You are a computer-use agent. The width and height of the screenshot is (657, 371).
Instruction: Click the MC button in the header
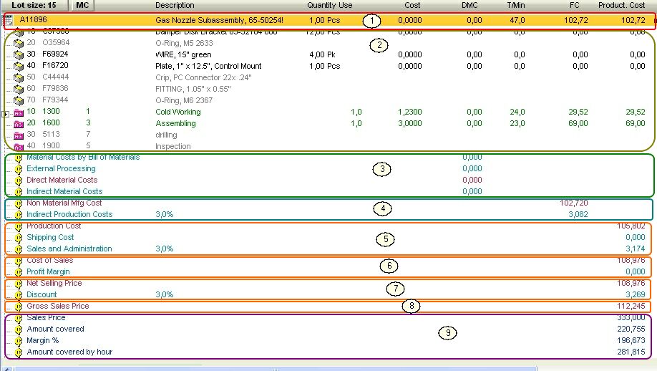click(82, 5)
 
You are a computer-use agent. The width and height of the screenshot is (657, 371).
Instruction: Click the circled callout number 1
click(371, 21)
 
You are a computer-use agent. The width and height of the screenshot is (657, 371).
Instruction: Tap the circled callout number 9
click(448, 333)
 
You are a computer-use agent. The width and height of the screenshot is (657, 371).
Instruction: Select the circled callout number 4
click(384, 208)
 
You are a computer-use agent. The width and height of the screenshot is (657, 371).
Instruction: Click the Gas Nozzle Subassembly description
click(219, 20)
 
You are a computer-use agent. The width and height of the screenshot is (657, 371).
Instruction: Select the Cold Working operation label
click(178, 112)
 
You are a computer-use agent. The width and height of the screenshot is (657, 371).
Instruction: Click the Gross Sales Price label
click(58, 307)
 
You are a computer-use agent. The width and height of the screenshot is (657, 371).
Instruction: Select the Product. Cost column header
click(621, 5)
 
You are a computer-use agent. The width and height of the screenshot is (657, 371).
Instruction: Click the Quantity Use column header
click(329, 5)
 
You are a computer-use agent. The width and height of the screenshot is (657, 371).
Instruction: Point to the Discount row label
click(42, 295)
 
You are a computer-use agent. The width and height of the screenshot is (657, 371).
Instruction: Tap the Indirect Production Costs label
click(69, 215)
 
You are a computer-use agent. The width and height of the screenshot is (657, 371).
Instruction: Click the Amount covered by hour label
click(69, 352)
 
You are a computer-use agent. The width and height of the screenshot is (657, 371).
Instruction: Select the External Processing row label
click(61, 169)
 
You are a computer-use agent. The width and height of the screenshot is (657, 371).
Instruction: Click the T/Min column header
click(515, 5)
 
